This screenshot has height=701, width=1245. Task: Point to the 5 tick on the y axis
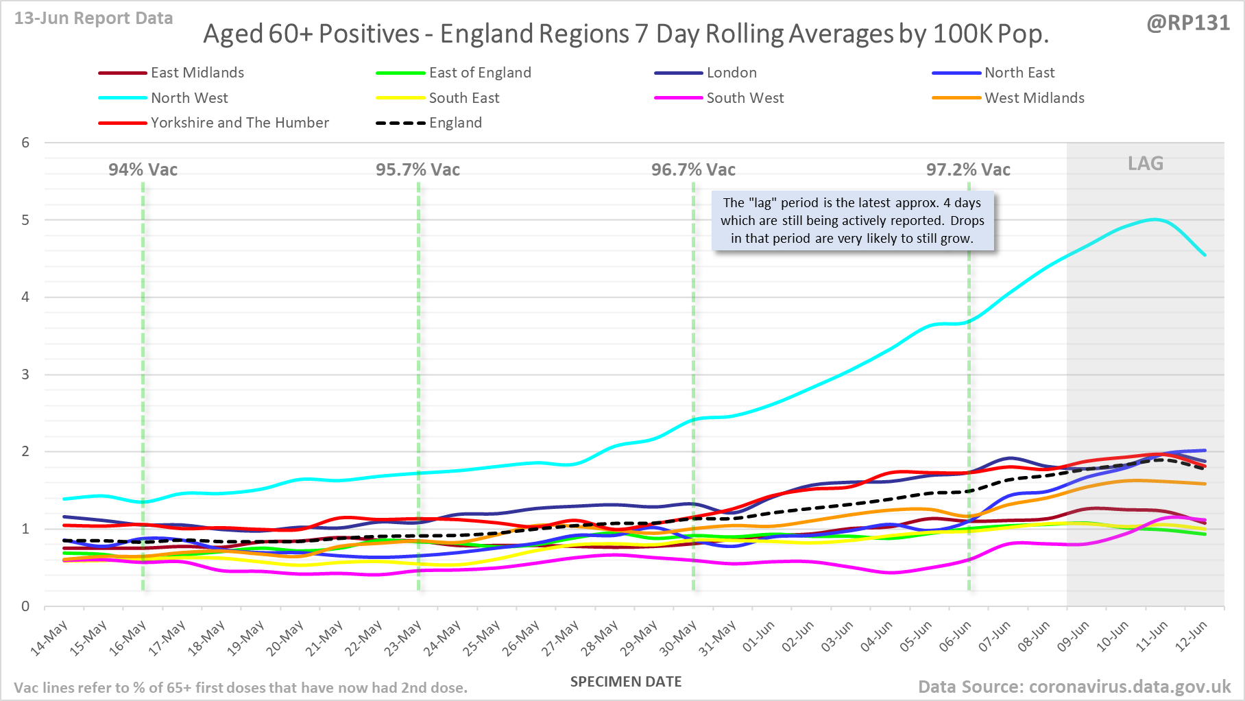[x=26, y=220]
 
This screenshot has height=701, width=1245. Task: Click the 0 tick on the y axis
[x=26, y=606]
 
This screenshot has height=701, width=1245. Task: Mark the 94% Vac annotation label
[x=143, y=170]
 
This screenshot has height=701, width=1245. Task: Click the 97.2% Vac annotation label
[x=968, y=170]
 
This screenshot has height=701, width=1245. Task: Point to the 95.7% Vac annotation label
[x=418, y=170]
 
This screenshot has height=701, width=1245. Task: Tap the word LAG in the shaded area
[x=1146, y=164]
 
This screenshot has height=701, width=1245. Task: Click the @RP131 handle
[x=1188, y=23]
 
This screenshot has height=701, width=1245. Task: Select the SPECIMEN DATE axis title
[x=626, y=682]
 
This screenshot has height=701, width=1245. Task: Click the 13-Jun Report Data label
[x=93, y=19]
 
